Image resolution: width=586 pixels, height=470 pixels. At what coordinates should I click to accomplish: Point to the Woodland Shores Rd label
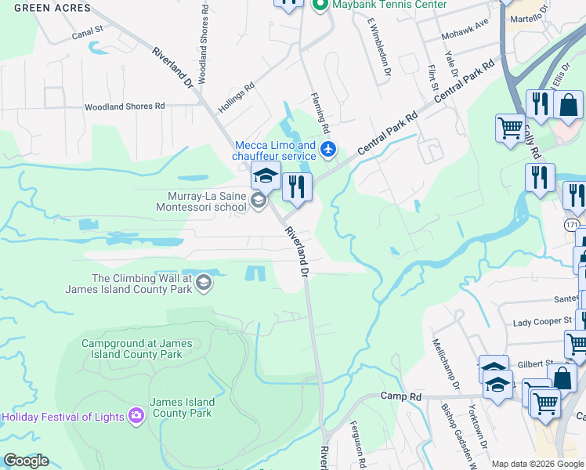point(125,106)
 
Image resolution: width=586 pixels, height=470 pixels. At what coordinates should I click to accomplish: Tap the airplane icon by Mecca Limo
point(328,148)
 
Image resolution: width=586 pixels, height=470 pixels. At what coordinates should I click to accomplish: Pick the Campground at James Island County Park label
point(132,349)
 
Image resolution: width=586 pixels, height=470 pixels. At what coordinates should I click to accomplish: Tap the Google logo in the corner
point(26,461)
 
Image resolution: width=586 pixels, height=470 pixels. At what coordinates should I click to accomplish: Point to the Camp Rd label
point(401,396)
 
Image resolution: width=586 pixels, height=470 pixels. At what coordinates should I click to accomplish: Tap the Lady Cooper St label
point(544,323)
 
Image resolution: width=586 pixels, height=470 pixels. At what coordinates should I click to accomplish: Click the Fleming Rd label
point(321,114)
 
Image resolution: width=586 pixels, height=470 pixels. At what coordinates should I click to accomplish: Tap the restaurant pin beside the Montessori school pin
point(297,186)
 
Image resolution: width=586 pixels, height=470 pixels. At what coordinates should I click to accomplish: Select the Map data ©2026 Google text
point(537,464)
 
